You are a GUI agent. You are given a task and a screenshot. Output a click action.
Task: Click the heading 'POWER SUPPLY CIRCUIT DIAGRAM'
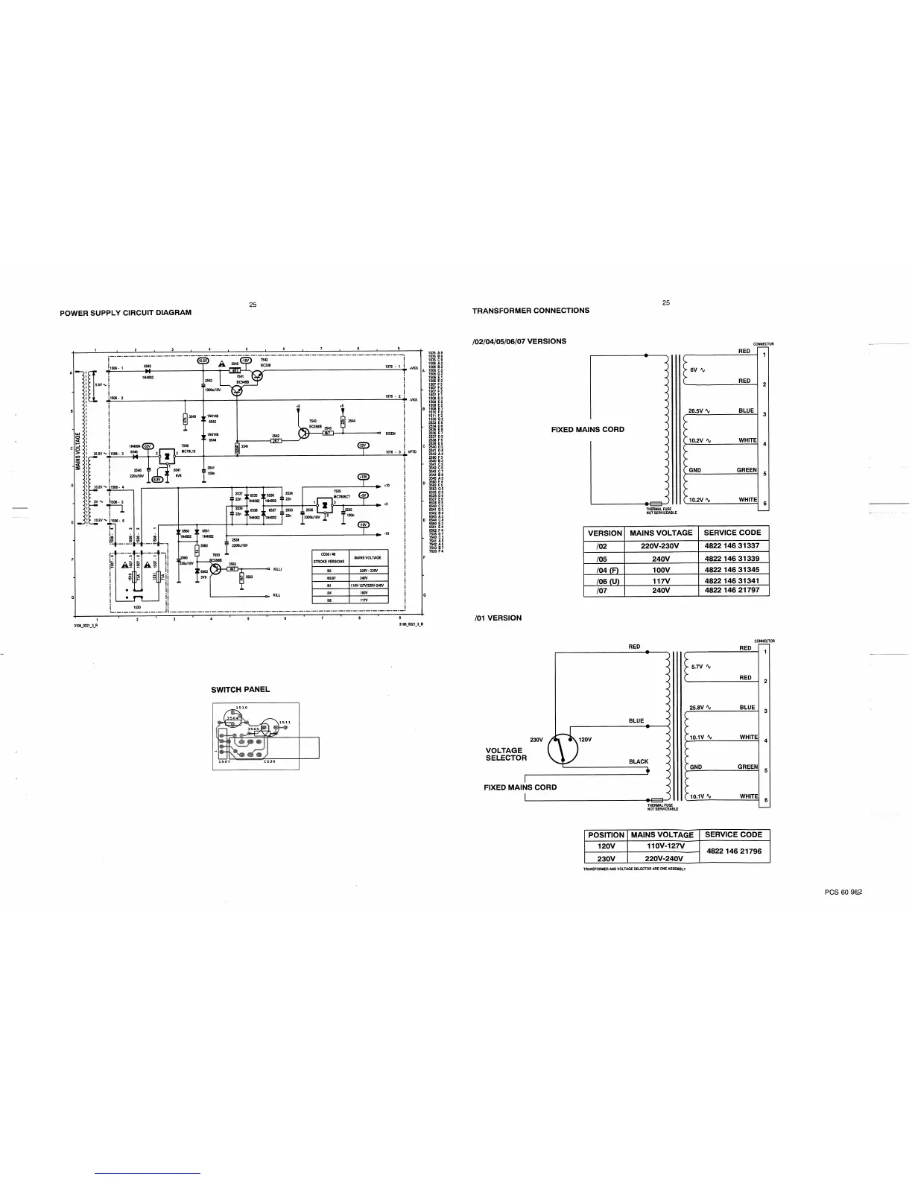(x=125, y=313)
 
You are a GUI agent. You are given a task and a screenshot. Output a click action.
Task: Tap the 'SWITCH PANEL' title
(x=240, y=690)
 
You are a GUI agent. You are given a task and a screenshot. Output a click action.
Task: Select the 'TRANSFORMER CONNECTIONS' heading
(x=531, y=311)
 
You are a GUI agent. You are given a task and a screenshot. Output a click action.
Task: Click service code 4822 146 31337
(x=732, y=546)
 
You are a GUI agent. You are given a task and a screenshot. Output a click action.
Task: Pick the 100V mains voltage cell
(x=661, y=570)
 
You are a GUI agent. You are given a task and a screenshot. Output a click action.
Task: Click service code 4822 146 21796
(x=732, y=851)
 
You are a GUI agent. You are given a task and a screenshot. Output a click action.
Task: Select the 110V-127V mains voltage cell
(x=662, y=846)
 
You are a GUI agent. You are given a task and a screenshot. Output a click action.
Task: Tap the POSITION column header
(x=606, y=835)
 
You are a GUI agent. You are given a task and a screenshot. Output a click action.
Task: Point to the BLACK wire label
(x=639, y=762)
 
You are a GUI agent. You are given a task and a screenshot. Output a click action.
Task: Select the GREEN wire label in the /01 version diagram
(x=747, y=767)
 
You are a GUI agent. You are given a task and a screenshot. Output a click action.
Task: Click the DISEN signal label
(x=390, y=433)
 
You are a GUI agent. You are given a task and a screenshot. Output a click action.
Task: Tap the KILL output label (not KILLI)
(x=276, y=595)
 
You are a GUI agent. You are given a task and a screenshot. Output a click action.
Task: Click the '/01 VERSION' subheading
(x=498, y=618)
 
